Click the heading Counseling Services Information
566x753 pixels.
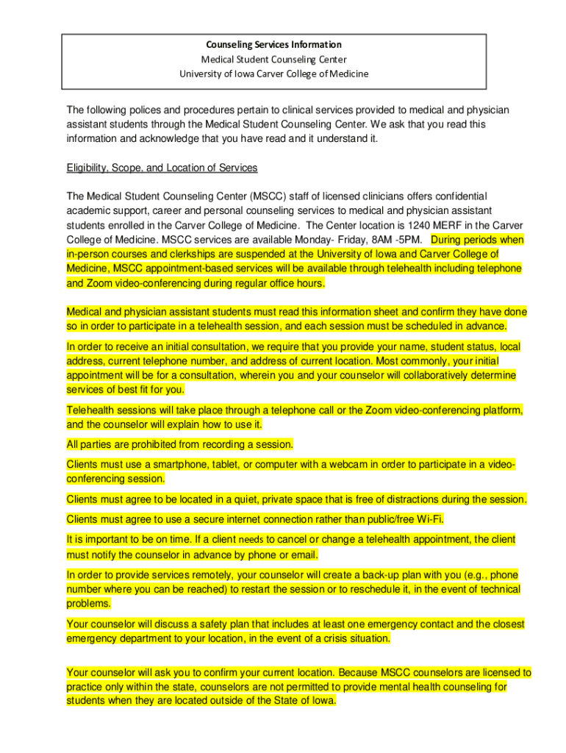click(273, 45)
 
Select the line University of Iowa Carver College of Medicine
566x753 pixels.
click(273, 74)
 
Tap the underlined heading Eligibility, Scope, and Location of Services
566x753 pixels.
click(162, 168)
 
